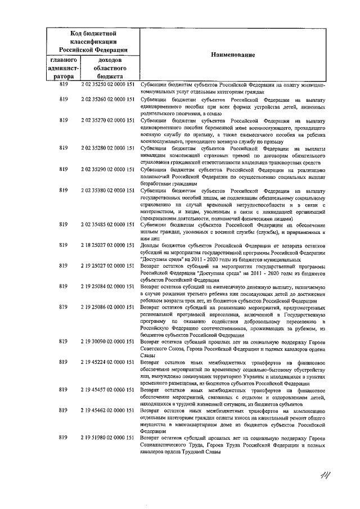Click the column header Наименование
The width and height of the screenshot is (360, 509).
tap(233, 55)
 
